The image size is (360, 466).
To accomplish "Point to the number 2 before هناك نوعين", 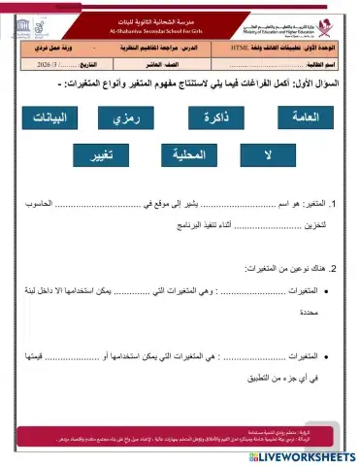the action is point(333,268).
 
